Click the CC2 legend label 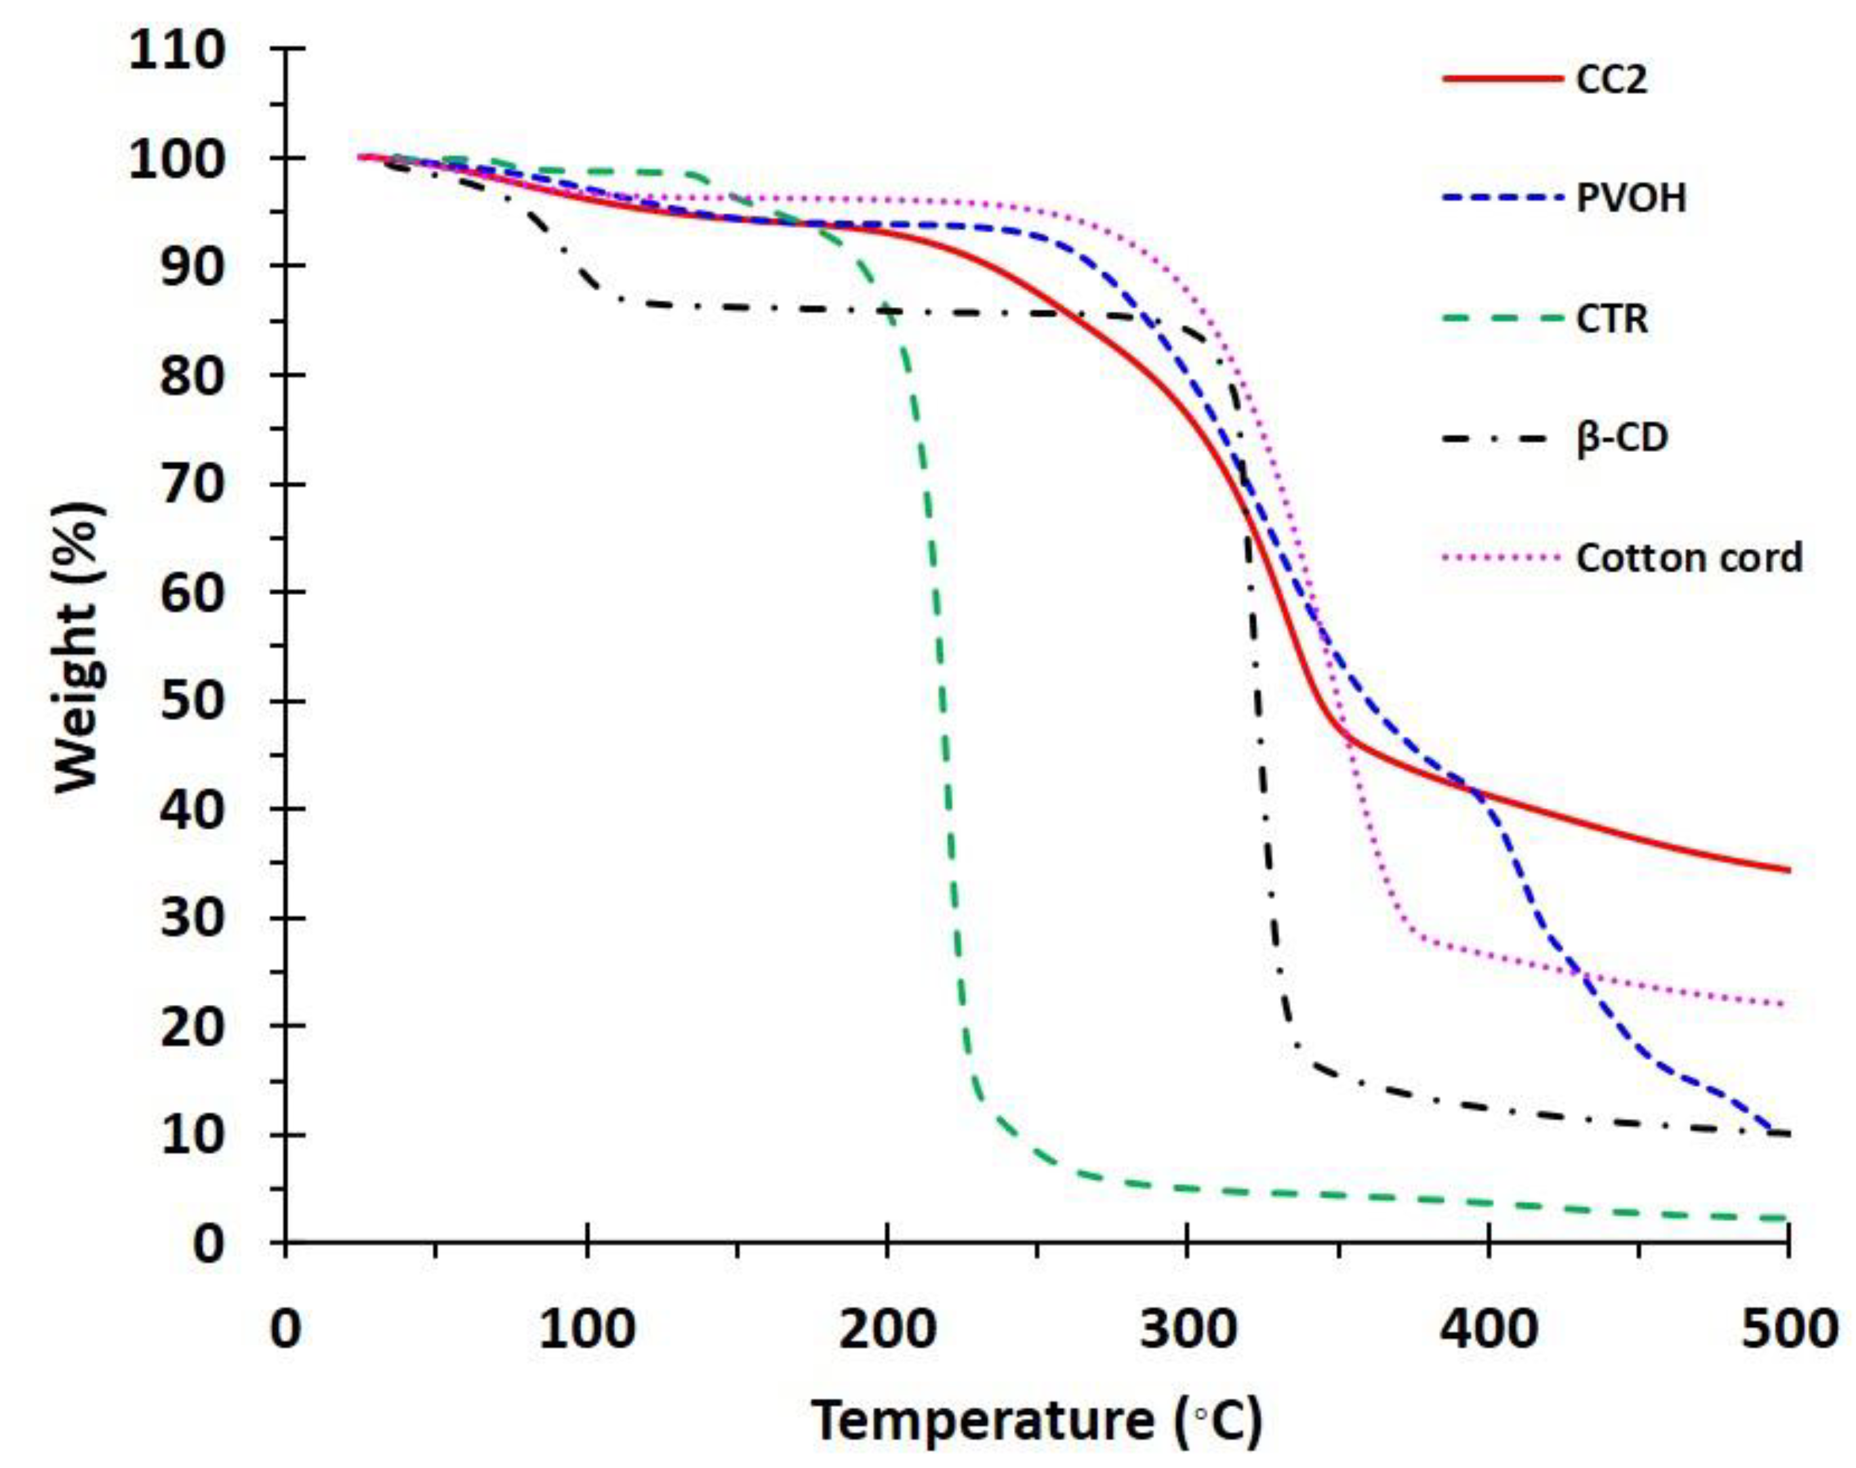(1611, 80)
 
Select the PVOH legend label (1630, 199)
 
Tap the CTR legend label (1611, 319)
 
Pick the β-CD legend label (1621, 438)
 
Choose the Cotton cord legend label (1689, 559)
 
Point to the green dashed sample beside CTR (1502, 319)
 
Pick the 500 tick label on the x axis (1787, 1329)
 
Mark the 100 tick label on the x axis (587, 1329)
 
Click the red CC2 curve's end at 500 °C (1787, 870)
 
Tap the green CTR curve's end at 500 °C (1786, 1218)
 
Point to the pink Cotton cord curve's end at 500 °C (1786, 1004)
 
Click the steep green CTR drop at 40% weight (948, 809)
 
